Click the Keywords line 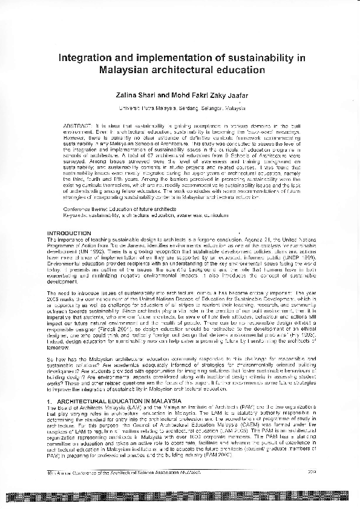(x=145, y=215)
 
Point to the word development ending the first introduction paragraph (x=64, y=280)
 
